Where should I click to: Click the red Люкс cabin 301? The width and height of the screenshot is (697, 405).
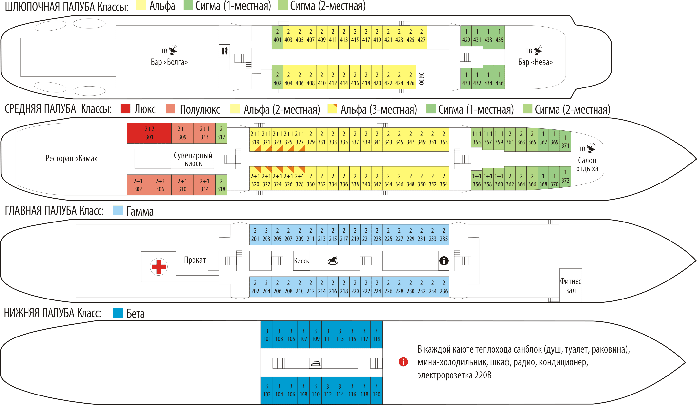[x=149, y=133]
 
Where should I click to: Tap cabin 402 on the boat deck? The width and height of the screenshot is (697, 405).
[x=277, y=79]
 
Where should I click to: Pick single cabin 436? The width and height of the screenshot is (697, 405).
[x=499, y=79]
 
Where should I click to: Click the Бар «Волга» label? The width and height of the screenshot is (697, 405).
[x=169, y=62]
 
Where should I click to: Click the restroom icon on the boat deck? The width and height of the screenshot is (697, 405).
[x=224, y=51]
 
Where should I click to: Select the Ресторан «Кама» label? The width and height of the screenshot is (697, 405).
[x=71, y=159]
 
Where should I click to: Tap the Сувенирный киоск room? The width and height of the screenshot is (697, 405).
[x=193, y=159]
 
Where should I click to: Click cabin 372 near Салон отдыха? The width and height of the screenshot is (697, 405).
[x=565, y=177]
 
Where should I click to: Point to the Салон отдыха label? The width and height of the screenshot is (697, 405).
[x=587, y=164]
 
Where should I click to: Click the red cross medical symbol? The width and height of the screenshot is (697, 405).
[x=159, y=266]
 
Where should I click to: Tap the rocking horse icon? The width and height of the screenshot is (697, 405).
[x=333, y=261]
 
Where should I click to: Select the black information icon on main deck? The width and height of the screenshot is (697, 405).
[x=444, y=261]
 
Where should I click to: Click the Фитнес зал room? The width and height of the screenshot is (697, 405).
[x=570, y=285]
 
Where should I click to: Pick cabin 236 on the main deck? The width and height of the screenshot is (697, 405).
[x=444, y=287]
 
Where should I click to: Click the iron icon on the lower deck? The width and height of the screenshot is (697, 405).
[x=315, y=363]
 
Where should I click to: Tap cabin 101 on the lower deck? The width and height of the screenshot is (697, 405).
[x=267, y=335]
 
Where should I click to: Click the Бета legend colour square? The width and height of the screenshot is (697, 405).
[x=118, y=313]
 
